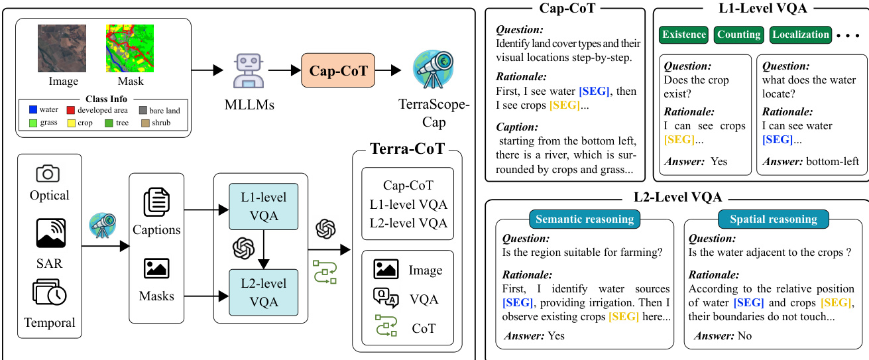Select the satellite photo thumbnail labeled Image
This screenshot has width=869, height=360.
[62, 48]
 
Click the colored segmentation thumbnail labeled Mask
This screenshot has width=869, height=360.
[129, 48]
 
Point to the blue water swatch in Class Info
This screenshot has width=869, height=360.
[32, 110]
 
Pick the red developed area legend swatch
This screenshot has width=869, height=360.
[70, 110]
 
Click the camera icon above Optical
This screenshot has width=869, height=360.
[48, 174]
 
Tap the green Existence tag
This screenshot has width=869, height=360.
[683, 34]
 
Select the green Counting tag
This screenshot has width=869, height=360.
[738, 34]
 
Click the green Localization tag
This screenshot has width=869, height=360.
[801, 34]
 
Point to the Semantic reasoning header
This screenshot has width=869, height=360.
[585, 219]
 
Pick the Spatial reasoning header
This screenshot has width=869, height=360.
[774, 219]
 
